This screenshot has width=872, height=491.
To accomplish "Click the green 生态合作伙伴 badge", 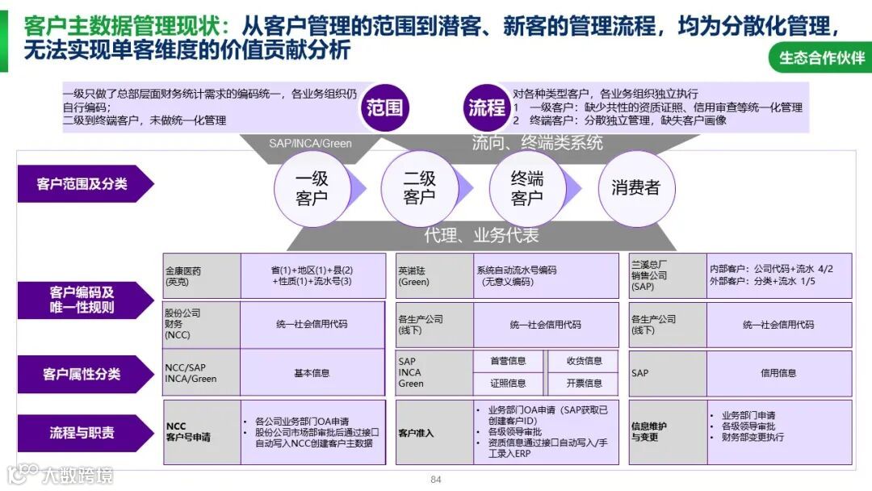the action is (x=821, y=58).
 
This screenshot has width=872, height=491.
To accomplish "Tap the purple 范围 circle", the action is (x=384, y=107).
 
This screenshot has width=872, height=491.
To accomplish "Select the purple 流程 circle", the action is (x=487, y=107).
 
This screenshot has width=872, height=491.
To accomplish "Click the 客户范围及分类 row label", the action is (x=82, y=184).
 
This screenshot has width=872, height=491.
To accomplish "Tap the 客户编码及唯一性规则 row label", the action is (x=82, y=300).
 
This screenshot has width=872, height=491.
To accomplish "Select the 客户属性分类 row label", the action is (x=82, y=374).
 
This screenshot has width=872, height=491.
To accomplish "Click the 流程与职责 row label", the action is (x=82, y=433).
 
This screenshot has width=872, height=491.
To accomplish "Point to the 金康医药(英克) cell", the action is (x=202, y=276).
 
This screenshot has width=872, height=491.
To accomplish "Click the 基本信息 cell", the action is (x=311, y=373).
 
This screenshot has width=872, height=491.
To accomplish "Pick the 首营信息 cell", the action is (x=508, y=361).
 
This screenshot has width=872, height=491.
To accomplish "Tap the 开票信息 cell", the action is (x=584, y=383).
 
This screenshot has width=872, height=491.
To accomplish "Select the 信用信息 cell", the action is (x=778, y=373).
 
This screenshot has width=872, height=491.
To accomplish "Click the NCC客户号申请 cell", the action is (x=202, y=432).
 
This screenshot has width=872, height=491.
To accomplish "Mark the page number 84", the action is (x=436, y=480).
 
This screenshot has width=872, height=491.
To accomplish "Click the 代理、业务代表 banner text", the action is (x=481, y=236).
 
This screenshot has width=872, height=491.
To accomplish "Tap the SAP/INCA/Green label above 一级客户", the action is (x=310, y=144).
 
